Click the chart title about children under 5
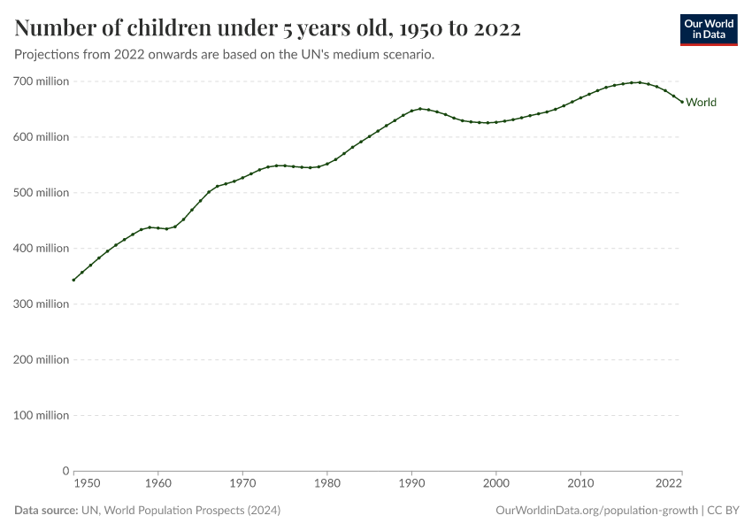pos(267,29)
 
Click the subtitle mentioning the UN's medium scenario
pos(224,55)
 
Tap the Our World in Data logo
pos(708,29)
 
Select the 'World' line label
pos(701,103)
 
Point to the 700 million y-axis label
pos(42,81)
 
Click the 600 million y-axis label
pos(42,137)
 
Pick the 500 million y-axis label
pos(42,193)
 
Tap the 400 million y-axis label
pos(42,249)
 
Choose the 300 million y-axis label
pos(42,304)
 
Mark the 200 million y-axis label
pos(42,360)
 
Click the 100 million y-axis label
pos(42,416)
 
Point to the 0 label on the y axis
pos(65,471)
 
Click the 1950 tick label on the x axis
pos(86,483)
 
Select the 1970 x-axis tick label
pos(242,483)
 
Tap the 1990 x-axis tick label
pos(411,483)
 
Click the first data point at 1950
pos(73,280)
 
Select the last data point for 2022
pos(682,103)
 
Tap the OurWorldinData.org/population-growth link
pos(597,511)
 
